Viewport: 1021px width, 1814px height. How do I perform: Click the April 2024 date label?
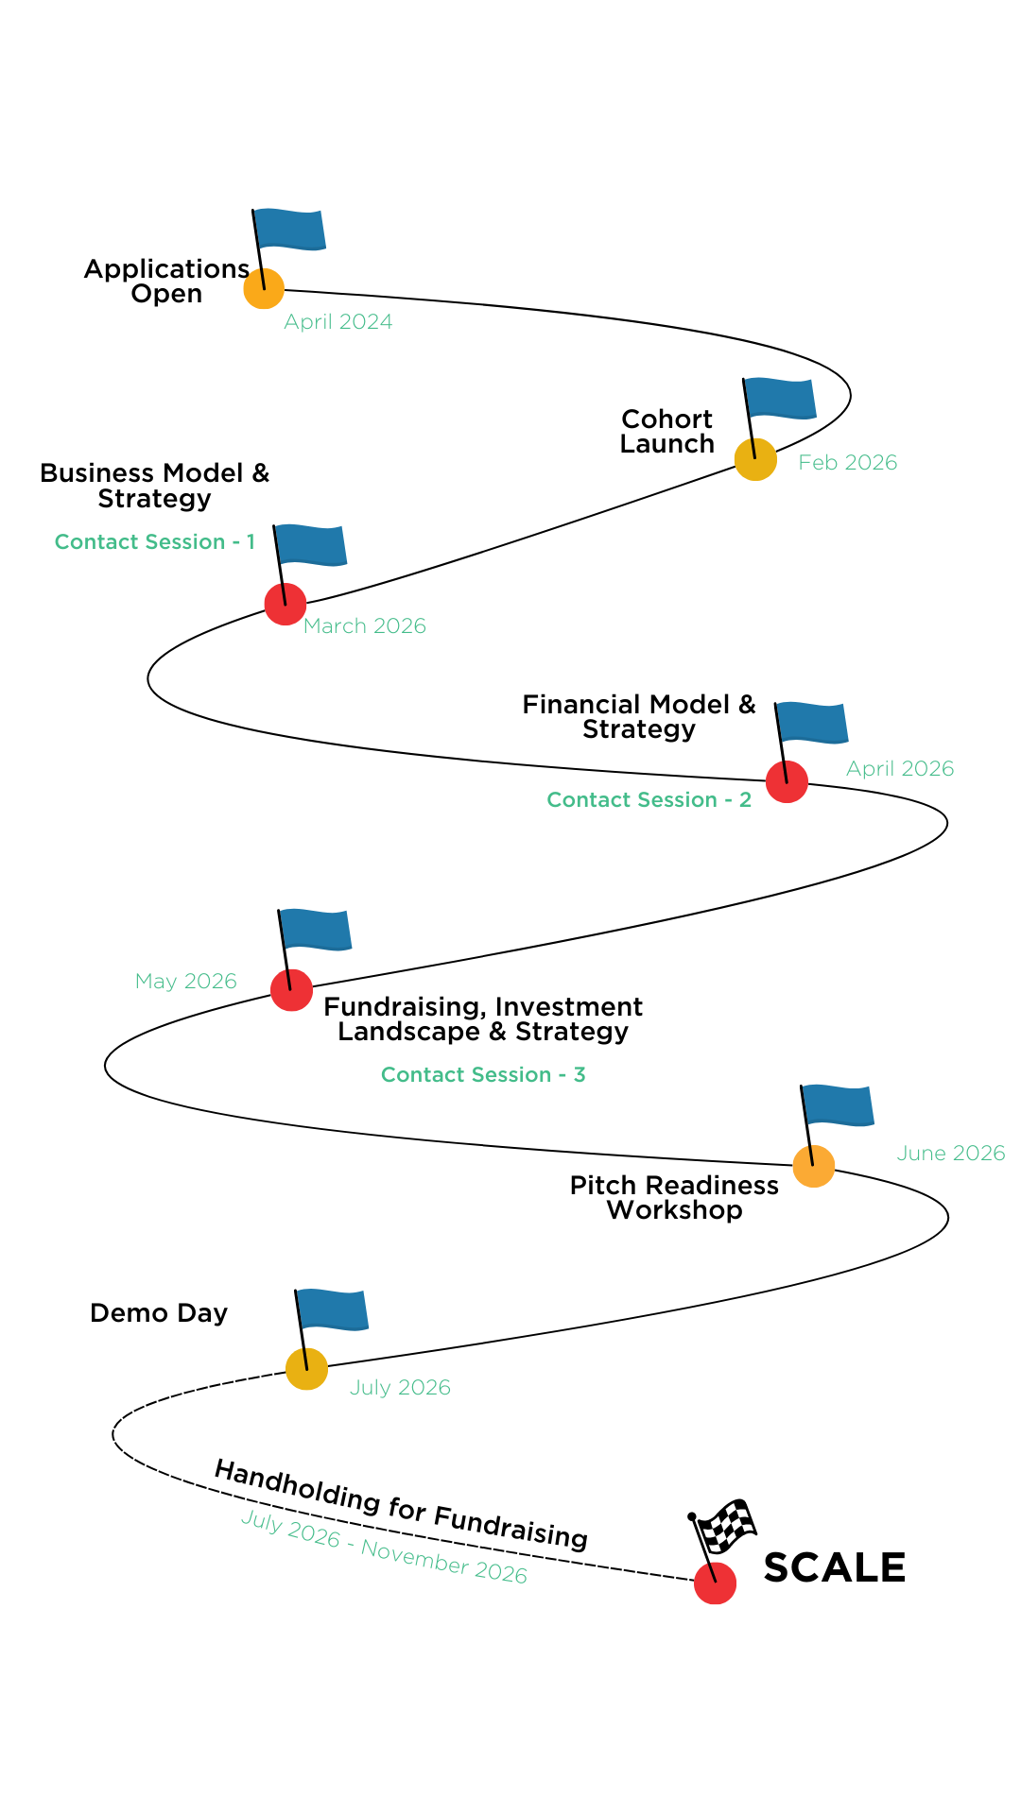pos(337,322)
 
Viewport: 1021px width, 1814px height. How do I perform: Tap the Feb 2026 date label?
pos(847,463)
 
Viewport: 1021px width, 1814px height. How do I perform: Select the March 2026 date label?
pos(364,626)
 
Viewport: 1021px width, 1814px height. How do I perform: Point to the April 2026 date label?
pos(899,769)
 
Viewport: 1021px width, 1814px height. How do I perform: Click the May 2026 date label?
pos(185,982)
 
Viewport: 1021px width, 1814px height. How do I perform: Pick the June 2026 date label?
pos(950,1154)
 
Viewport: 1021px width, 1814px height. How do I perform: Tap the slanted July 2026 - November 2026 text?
pos(384,1547)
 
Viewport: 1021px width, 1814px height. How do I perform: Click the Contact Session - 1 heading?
pos(154,542)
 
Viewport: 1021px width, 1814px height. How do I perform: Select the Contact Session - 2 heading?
pos(649,800)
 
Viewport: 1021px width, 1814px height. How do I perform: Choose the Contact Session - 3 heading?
pos(483,1075)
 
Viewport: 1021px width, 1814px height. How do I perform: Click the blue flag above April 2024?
pos(290,230)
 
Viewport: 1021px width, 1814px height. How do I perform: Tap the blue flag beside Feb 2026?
pos(781,398)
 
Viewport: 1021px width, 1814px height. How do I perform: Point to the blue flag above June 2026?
pos(839,1105)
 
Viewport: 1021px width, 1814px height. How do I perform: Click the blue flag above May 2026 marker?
pos(317,930)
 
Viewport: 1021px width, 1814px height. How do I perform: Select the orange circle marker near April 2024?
pos(264,288)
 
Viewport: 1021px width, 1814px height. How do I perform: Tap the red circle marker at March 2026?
pos(286,605)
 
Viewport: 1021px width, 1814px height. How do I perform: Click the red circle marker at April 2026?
pos(787,782)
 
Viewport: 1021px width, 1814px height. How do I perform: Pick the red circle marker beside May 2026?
pos(291,990)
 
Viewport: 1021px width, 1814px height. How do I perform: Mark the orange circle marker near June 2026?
pos(814,1166)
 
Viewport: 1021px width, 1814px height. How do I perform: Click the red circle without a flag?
pos(715,1583)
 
